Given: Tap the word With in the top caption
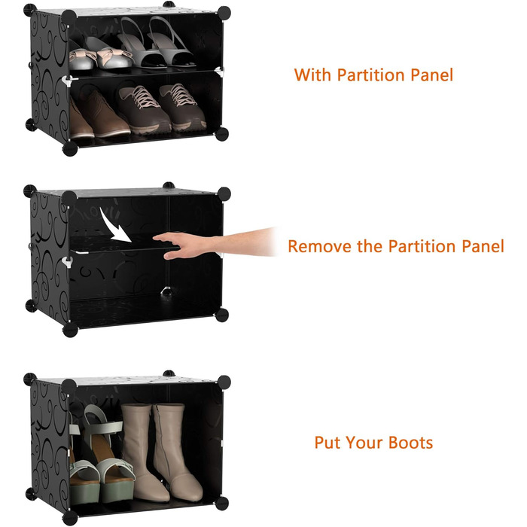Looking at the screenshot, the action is pyautogui.click(x=312, y=75).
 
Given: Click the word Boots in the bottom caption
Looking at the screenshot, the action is pyautogui.click(x=410, y=443).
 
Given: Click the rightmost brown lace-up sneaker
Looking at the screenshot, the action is pyautogui.click(x=182, y=107).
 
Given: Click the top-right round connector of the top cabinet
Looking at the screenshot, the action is pyautogui.click(x=224, y=13).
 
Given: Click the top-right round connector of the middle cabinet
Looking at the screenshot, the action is pyautogui.click(x=224, y=193).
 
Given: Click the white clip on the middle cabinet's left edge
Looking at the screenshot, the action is pyautogui.click(x=68, y=262).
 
